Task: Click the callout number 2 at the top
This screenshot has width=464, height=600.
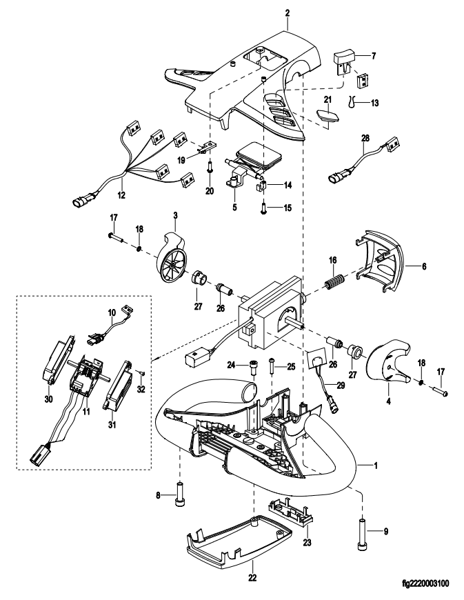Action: [x=288, y=13]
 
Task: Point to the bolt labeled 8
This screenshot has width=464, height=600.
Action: [x=179, y=494]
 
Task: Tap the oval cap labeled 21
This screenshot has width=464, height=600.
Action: [x=328, y=116]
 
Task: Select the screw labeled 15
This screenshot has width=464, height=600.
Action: [x=263, y=207]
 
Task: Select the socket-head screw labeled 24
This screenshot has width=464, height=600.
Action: [x=254, y=368]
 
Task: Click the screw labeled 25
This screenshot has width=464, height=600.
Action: [x=272, y=366]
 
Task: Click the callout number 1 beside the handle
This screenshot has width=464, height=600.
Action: [x=376, y=466]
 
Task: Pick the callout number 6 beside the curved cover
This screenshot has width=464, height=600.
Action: [x=424, y=266]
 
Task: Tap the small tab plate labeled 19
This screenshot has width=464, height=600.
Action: [x=207, y=148]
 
